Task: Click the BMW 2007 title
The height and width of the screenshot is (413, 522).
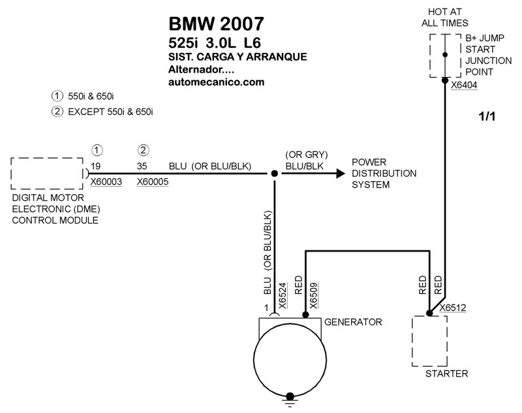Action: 217,24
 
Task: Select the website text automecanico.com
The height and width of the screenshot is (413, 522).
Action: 216,82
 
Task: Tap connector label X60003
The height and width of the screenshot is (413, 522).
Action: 106,182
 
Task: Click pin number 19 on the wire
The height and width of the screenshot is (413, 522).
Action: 96,166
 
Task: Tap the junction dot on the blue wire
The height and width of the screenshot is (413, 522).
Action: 275,174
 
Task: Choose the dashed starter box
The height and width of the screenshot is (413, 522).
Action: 429,342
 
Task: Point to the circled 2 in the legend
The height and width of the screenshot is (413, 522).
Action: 57,111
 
